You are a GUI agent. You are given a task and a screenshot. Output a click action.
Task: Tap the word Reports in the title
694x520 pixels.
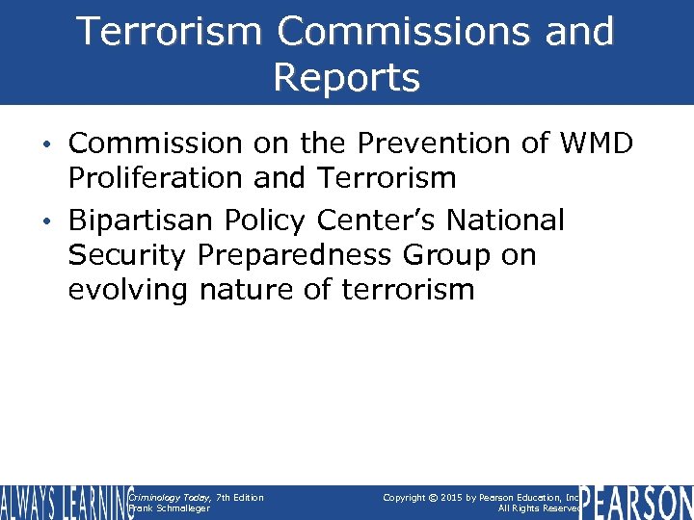click(x=346, y=77)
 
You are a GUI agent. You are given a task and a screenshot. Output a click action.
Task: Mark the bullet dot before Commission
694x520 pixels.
click(x=55, y=144)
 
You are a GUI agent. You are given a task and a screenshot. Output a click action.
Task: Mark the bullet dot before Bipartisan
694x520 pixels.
click(x=55, y=221)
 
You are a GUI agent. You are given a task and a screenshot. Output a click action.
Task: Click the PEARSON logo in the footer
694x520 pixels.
click(x=636, y=501)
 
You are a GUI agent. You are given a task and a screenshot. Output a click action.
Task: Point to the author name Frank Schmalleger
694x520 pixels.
click(x=170, y=507)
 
